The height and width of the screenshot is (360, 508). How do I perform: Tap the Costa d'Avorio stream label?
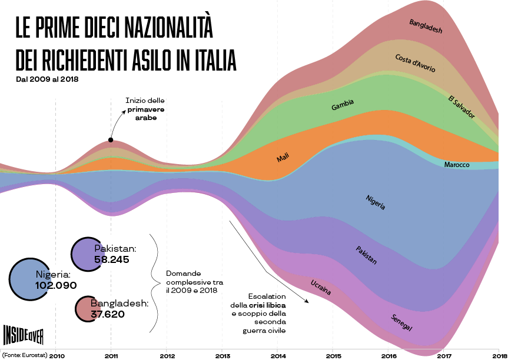pos(415,63)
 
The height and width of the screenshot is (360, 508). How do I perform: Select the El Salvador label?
pos(461,106)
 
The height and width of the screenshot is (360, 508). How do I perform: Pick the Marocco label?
pos(457,165)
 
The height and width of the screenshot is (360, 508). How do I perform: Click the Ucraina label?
pos(320,288)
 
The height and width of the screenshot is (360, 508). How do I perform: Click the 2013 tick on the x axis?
pos(223,355)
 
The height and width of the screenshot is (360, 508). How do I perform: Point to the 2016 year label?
pos(389,355)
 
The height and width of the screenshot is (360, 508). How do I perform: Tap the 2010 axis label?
pos(57,355)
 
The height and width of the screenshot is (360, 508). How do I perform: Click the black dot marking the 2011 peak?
pos(111,140)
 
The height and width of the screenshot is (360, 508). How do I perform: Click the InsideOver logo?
pos(23,335)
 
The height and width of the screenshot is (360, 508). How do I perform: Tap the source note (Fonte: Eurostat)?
pos(25,355)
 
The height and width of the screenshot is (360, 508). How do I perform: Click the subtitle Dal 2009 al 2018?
pos(47,78)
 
